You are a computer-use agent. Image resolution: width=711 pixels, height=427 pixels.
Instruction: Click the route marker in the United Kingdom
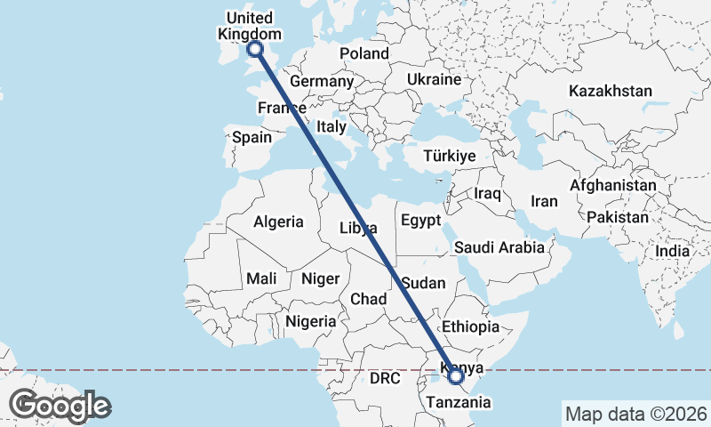(255, 49)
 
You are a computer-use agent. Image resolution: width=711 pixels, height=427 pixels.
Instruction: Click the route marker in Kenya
(456, 376)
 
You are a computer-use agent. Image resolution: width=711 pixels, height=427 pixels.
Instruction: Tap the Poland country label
(364, 53)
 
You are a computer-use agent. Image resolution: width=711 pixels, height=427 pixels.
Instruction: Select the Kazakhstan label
(611, 91)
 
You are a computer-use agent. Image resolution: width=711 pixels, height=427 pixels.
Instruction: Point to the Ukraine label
(434, 79)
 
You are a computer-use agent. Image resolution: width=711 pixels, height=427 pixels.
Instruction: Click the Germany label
(322, 81)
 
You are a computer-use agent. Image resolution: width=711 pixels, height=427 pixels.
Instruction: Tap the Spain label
(251, 138)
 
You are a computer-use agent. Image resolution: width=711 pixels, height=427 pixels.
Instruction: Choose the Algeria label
(278, 222)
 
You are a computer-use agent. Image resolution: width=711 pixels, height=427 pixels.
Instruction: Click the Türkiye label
(450, 156)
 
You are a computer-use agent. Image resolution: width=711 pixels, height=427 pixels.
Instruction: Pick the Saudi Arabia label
(499, 247)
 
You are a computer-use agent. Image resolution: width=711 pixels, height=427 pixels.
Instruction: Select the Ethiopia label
(470, 326)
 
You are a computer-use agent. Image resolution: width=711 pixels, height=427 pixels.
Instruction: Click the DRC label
(386, 378)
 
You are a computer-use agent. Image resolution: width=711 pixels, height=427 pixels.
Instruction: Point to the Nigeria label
(311, 321)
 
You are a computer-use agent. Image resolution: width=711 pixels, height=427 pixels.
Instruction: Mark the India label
(672, 252)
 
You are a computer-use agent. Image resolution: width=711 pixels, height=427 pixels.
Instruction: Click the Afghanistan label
(612, 186)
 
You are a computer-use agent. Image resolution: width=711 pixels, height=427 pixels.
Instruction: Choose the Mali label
(261, 278)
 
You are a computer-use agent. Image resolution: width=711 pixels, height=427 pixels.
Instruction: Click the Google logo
(60, 406)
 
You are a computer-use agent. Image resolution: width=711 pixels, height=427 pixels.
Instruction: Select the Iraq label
(488, 193)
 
